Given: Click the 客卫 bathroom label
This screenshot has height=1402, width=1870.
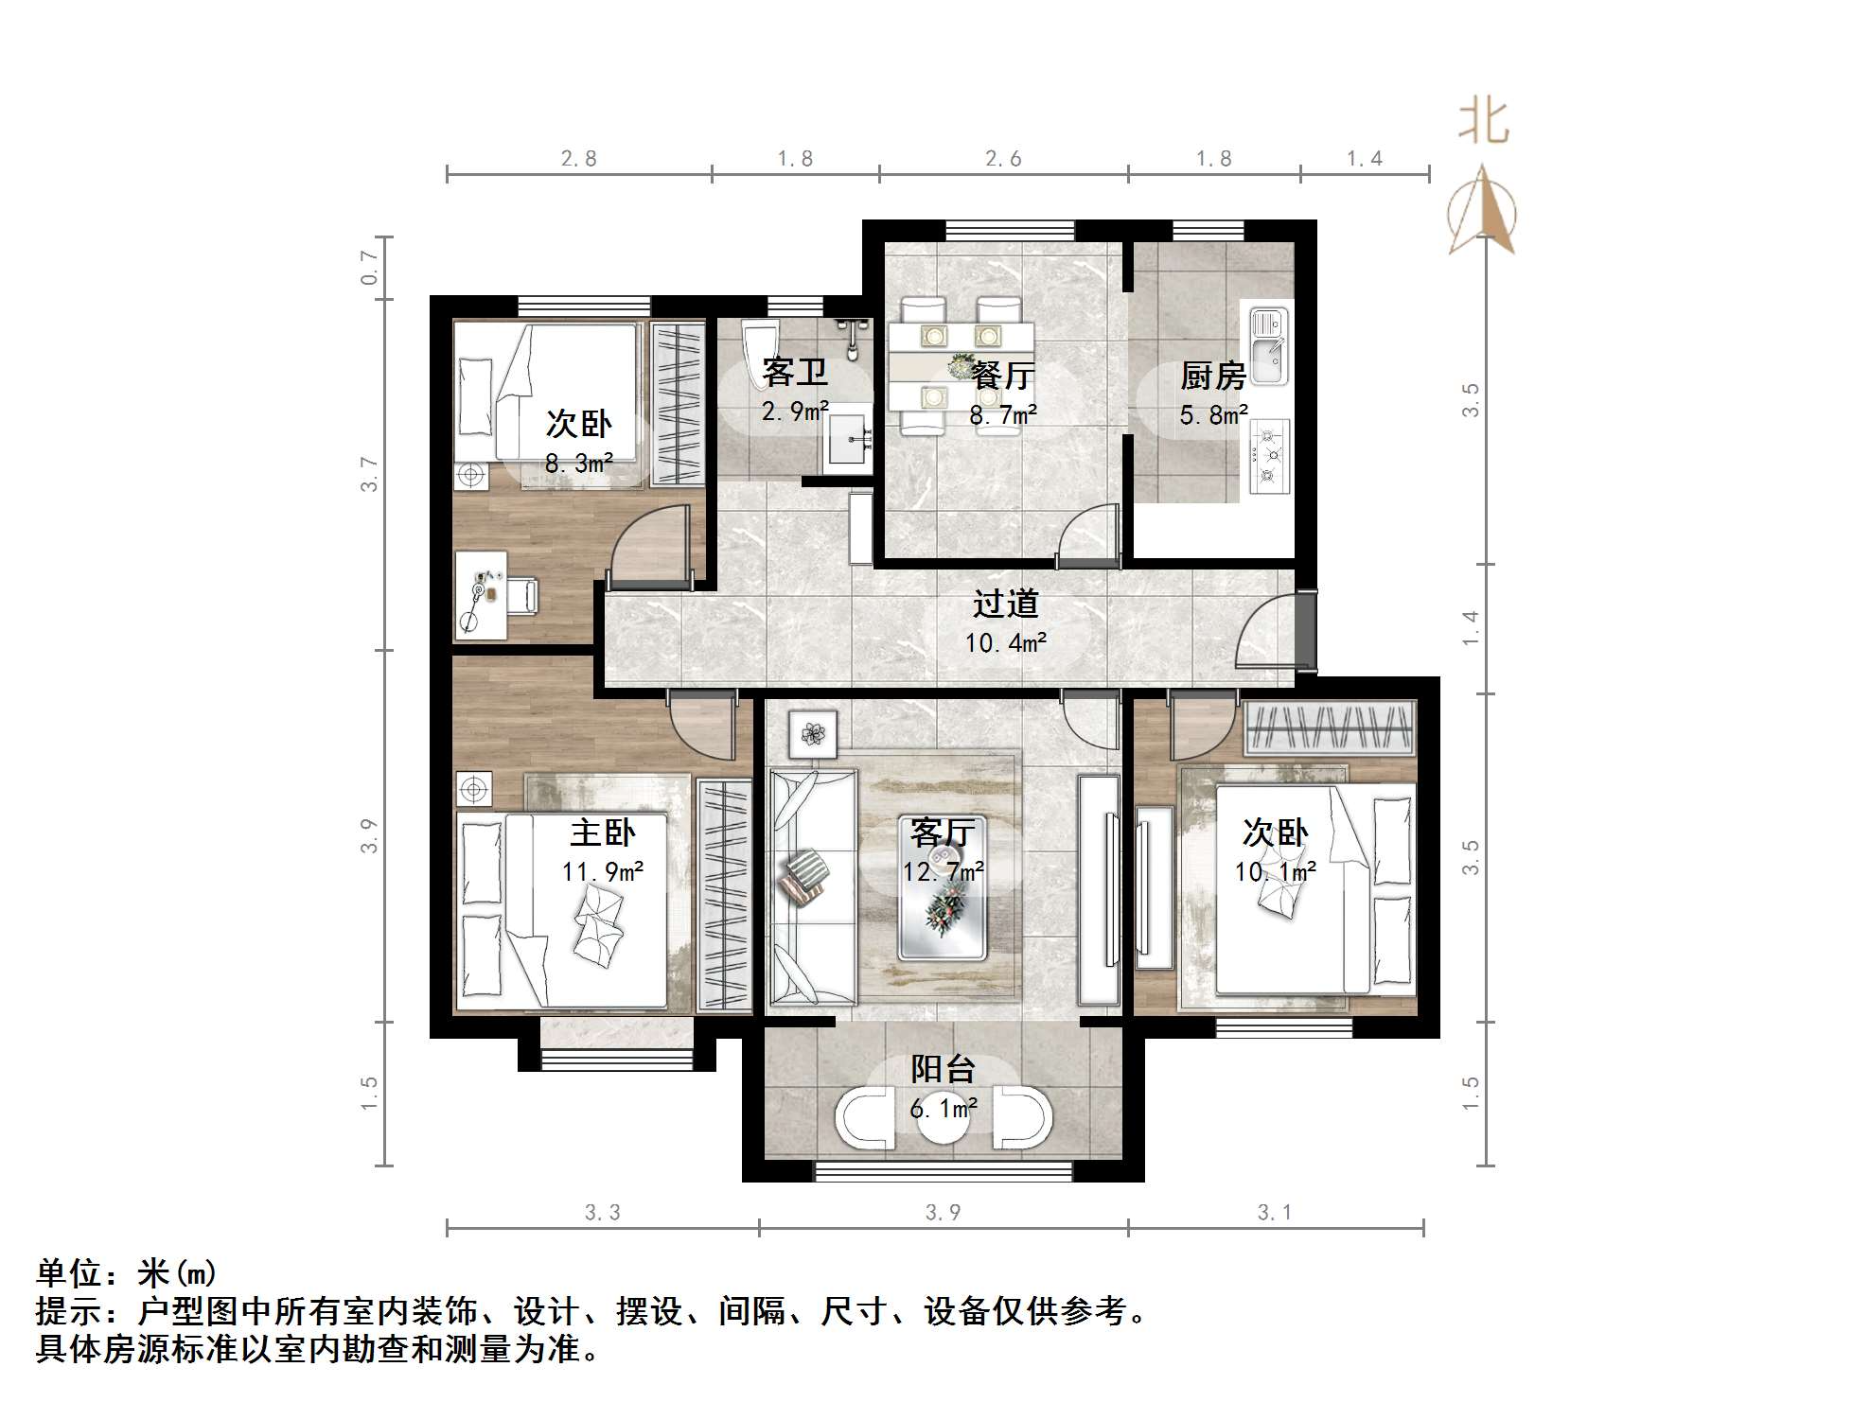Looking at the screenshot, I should click(x=795, y=373).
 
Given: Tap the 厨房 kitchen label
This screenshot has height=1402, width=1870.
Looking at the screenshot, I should click(x=1212, y=377).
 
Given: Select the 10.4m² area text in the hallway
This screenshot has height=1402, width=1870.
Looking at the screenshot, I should click(x=1005, y=643).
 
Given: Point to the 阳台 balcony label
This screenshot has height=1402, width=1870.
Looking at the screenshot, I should click(x=943, y=1069).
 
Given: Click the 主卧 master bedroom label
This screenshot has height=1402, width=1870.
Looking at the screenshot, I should click(x=602, y=833).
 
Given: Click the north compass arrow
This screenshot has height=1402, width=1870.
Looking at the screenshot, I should click(x=1482, y=210).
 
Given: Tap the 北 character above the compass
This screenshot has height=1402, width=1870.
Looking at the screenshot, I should click(x=1483, y=123).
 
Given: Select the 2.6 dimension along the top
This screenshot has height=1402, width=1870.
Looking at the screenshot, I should click(x=1003, y=158).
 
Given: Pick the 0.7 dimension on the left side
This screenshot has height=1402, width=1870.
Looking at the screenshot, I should click(x=369, y=268).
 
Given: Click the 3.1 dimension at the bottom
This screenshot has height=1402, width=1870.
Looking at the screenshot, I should click(x=1274, y=1212).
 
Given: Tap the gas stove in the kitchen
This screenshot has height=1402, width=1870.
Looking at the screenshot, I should click(x=1268, y=456).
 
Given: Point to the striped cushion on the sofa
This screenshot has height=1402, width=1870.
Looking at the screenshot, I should click(x=803, y=877).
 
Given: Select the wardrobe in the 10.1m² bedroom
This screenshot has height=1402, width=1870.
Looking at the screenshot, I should click(x=1330, y=727).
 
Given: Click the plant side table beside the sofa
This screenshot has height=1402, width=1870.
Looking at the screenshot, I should click(x=813, y=734).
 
